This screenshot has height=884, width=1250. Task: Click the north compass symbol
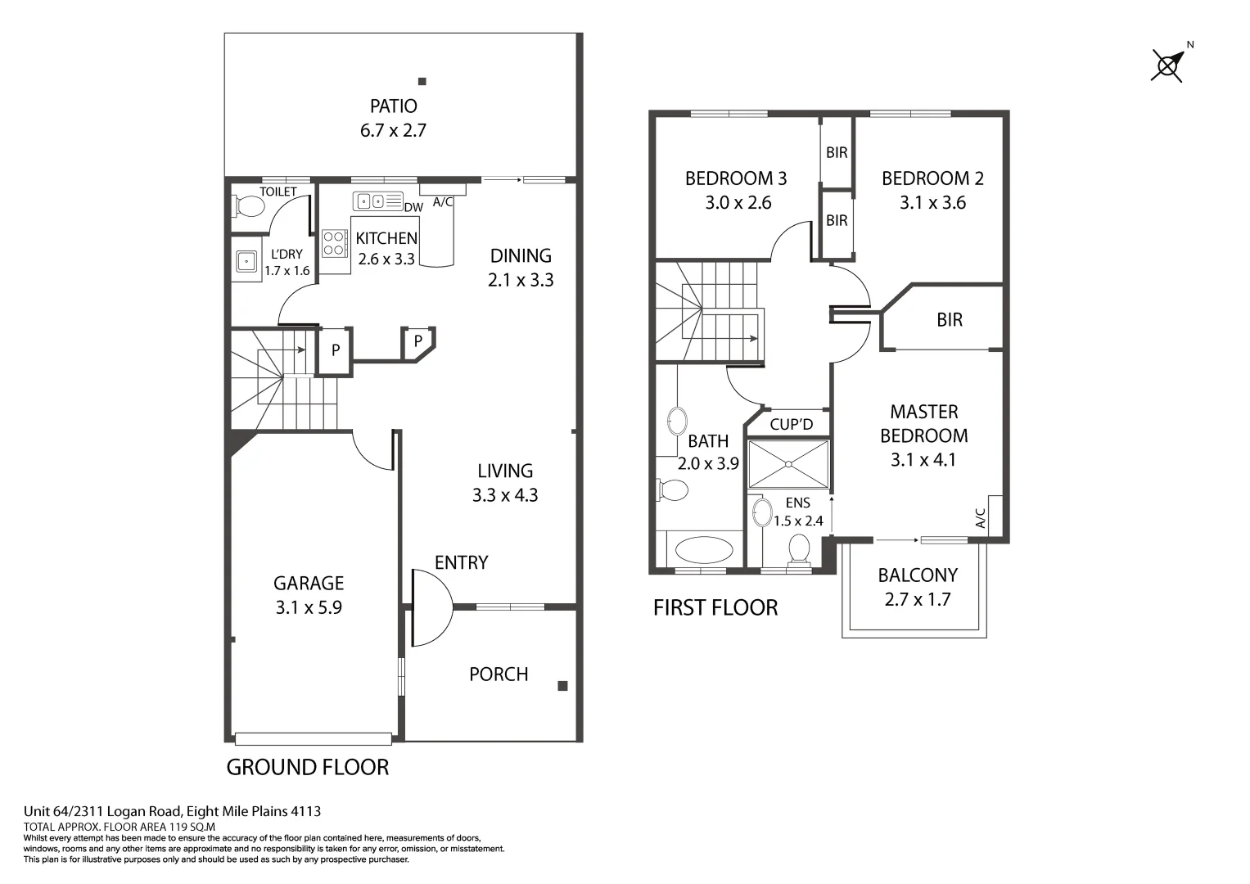point(1167,65)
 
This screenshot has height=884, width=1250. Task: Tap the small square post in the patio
point(422,81)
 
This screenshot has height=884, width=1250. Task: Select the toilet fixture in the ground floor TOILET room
point(248,205)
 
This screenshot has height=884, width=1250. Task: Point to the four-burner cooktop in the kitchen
point(334,243)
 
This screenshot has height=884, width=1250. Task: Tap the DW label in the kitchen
point(413,208)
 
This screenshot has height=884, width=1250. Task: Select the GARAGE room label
point(308,584)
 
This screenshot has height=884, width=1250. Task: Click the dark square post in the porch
point(562,686)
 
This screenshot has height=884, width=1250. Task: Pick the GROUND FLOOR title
point(307,768)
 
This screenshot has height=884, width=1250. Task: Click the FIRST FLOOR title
point(715,608)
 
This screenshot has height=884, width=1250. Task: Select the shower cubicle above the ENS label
point(788,464)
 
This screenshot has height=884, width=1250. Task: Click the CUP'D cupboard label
point(792,424)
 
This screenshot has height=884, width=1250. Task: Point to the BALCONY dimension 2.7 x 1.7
point(918,600)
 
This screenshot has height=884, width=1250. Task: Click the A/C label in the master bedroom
point(980,517)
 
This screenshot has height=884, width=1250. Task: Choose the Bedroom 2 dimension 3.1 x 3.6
point(932,203)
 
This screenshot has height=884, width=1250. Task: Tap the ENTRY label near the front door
point(461,562)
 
